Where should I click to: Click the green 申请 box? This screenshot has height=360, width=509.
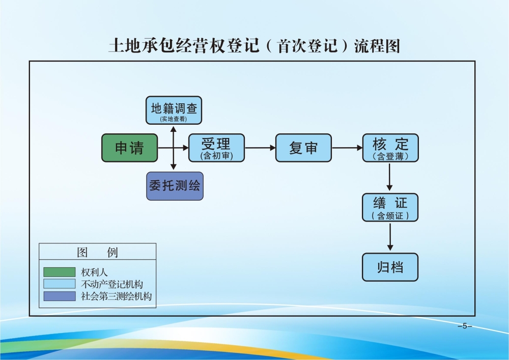pos(129,148)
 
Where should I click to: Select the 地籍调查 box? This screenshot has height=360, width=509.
pos(174,110)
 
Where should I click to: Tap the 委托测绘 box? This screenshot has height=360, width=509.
pos(175,186)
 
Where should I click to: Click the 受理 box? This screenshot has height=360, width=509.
pos(216,148)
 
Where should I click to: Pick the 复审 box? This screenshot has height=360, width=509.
pos(303,148)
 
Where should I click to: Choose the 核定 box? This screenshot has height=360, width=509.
pos(390,148)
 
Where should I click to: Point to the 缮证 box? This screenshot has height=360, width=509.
pos(390,207)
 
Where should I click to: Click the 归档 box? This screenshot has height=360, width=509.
pos(390,267)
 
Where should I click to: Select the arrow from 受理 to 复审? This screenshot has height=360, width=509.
pos(260,148)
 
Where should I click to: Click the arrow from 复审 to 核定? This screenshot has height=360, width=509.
pos(347,148)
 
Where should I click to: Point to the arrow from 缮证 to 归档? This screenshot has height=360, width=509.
pos(390,237)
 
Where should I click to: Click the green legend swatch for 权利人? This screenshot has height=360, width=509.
pos(59,272)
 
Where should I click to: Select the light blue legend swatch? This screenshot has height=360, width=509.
pos(59,284)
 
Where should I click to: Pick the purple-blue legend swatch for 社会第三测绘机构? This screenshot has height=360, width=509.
pos(59,296)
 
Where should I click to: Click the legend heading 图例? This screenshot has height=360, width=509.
pos(97,252)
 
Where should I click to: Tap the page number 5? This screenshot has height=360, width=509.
pos(464,326)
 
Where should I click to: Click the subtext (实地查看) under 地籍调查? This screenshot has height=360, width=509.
pos(174,119)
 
